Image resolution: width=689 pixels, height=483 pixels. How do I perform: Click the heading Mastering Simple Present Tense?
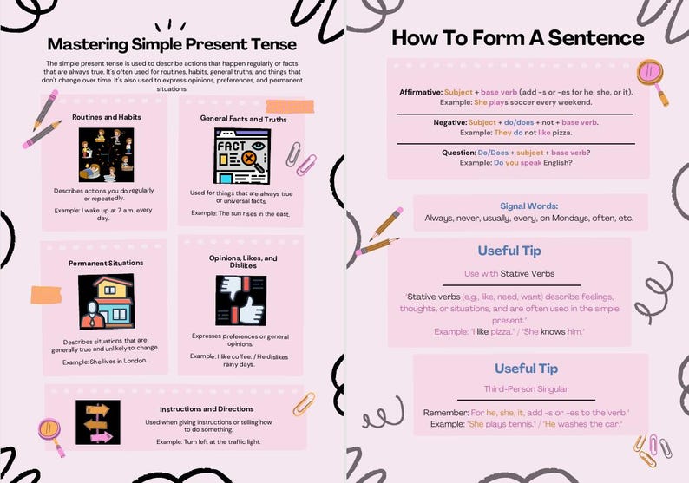[171, 43]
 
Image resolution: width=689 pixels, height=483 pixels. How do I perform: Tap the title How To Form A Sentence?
[517, 38]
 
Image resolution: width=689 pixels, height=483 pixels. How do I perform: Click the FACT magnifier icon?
[240, 156]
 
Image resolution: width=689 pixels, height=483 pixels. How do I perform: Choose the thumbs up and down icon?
[240, 300]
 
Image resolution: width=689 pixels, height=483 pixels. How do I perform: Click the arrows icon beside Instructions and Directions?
[98, 422]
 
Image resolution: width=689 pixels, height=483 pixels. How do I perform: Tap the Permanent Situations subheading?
[106, 263]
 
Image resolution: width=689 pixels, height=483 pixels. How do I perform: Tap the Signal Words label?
[528, 206]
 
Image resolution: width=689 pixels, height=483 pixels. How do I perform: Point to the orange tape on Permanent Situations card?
[44, 296]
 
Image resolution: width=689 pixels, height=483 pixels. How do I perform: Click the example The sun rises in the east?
[240, 212]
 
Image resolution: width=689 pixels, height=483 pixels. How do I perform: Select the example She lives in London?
[105, 361]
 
